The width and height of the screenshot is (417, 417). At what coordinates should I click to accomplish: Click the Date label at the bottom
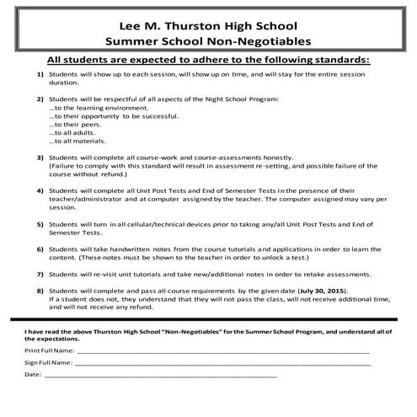pyautogui.click(x=33, y=374)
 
